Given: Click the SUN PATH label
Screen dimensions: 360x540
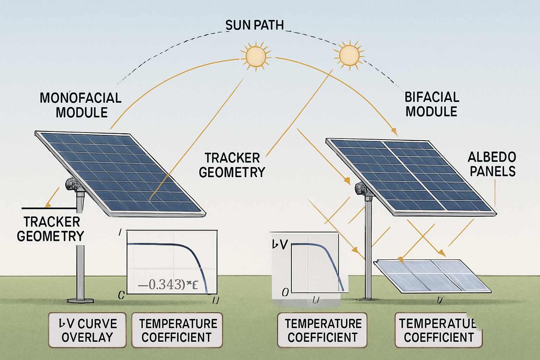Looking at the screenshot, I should click(x=254, y=25).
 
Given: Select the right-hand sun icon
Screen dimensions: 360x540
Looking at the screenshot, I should click(x=349, y=54).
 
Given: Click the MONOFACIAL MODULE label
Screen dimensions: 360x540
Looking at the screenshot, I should click(x=81, y=105).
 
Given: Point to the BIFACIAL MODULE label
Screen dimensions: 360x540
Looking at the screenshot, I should click(x=432, y=104).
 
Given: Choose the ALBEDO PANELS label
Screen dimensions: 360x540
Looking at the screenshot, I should click(x=492, y=164).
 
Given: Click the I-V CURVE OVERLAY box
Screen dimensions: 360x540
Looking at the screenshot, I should click(x=87, y=330).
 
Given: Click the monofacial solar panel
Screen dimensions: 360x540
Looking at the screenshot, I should click(x=120, y=172).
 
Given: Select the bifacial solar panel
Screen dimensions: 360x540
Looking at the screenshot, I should click(x=411, y=176).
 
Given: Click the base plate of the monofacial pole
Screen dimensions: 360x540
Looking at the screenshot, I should click(x=81, y=301).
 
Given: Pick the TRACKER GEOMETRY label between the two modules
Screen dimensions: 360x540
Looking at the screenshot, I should click(x=232, y=165).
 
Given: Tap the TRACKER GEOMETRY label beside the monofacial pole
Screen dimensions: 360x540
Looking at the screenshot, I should click(x=51, y=229).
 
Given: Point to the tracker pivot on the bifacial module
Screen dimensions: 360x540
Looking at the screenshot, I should click(x=361, y=189).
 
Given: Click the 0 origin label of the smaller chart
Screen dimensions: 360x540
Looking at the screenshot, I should click(x=285, y=292).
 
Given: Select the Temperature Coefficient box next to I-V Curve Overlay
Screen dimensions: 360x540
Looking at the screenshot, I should click(x=177, y=330).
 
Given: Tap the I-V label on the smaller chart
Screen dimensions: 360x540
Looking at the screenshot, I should click(x=280, y=244).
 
